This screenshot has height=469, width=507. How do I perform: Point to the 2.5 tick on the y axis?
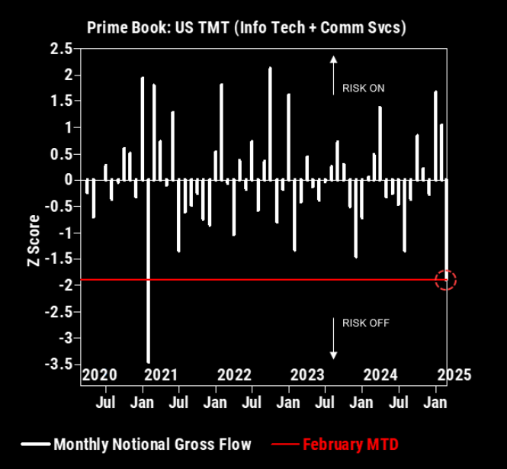[62, 49]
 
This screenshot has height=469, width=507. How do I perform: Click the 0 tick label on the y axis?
[67, 180]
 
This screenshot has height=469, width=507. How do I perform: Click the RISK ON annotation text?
[363, 88]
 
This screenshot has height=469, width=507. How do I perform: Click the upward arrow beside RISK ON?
[332, 75]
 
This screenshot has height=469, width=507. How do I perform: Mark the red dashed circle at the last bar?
[446, 279]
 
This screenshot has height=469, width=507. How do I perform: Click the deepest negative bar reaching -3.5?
[148, 271]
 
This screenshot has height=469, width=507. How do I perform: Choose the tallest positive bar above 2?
[270, 124]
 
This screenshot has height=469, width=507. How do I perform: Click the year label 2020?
[100, 374]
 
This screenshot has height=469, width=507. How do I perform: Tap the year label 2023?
[307, 374]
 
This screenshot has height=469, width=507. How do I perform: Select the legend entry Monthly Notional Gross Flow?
[152, 444]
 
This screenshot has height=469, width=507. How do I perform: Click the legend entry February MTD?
[351, 444]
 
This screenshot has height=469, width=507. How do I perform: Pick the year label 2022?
[234, 374]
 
